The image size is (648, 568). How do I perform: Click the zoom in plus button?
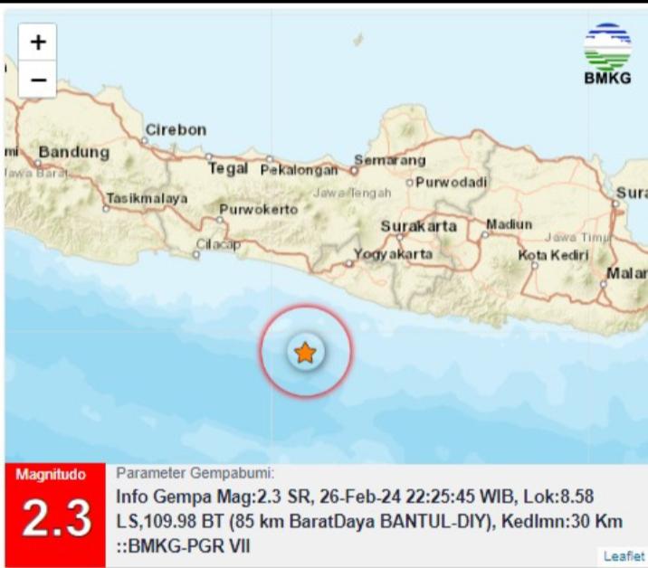[37, 42]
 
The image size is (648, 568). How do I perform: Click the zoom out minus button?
[37, 80]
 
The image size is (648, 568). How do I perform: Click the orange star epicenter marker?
[306, 353]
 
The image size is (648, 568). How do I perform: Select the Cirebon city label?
[176, 130]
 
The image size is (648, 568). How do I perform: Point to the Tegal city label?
[228, 168]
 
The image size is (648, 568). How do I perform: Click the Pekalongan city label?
[299, 169]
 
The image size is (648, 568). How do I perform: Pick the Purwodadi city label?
[452, 183]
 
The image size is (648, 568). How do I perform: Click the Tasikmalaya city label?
[147, 198]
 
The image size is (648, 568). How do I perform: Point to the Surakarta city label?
[418, 226]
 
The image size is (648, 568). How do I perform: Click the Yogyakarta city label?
[393, 255]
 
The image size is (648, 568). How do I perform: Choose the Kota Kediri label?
[553, 255]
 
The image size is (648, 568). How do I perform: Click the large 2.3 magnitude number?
[56, 518]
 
